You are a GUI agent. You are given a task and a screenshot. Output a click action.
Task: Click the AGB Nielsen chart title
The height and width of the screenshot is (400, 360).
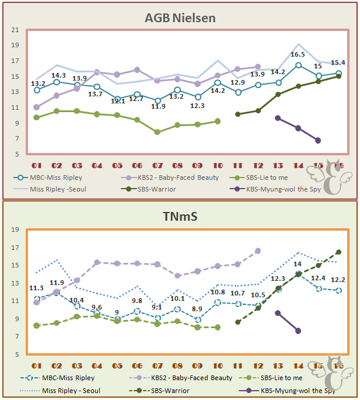[x=180, y=18]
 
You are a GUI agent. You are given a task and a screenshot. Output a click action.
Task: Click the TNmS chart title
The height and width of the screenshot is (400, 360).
[x=180, y=217]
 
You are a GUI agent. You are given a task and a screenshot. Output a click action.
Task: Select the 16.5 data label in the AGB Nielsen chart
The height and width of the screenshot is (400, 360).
[x=298, y=54]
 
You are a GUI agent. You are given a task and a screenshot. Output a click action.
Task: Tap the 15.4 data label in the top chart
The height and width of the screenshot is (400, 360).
[x=338, y=63]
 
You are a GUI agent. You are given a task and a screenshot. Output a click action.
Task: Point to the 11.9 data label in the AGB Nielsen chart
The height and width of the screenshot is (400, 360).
[x=157, y=106]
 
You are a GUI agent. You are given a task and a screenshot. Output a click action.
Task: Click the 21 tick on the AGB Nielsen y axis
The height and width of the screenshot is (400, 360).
[x=15, y=30]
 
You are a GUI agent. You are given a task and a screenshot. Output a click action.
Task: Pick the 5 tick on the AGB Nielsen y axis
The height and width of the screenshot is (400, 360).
[x=16, y=154]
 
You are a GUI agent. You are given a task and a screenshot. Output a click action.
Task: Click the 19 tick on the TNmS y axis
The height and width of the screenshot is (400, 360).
[x=15, y=229]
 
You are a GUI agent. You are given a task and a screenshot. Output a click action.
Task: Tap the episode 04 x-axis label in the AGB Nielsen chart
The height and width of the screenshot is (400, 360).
[x=97, y=166]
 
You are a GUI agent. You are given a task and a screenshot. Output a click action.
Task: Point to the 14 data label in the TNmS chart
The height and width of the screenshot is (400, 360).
[x=298, y=264]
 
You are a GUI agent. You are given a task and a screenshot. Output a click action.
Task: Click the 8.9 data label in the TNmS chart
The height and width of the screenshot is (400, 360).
[x=197, y=309]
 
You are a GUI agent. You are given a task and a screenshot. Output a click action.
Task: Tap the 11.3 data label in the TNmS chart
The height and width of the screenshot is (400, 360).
[x=36, y=288]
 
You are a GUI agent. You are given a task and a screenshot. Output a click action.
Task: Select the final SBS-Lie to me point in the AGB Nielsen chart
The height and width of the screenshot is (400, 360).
[x=218, y=121]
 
